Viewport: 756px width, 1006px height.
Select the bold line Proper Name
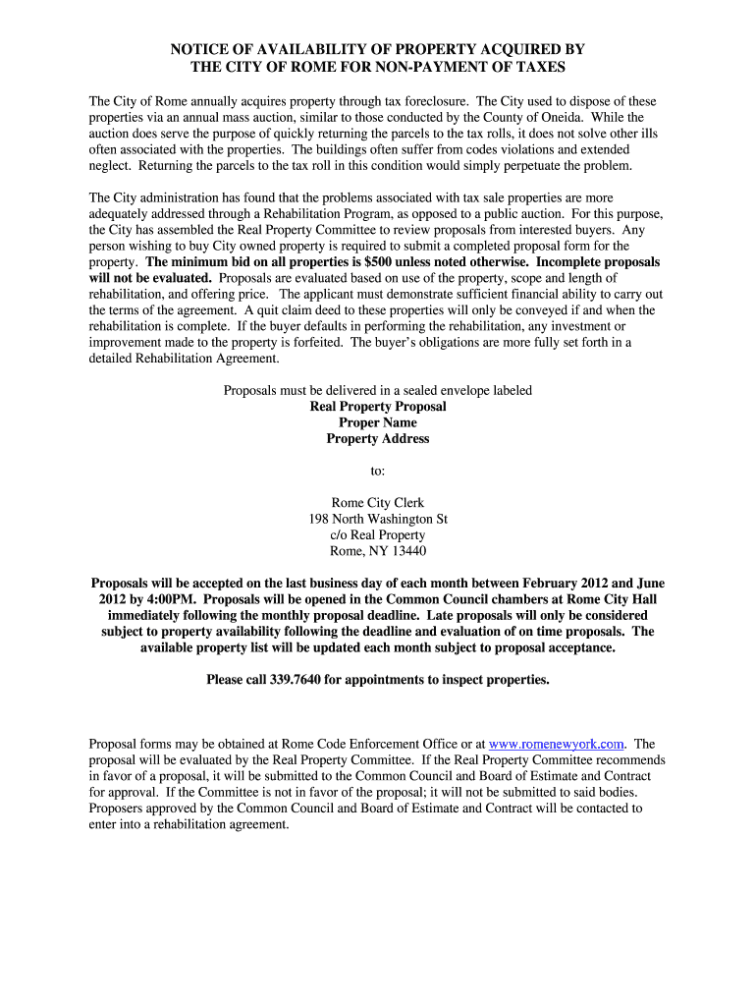coord(378,422)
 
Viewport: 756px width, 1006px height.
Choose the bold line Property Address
coord(378,439)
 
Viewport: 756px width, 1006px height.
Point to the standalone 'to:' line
coord(378,471)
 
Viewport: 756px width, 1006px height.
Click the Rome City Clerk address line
coord(378,503)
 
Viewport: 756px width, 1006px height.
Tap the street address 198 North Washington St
coord(378,519)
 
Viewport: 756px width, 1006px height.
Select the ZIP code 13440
coord(405,551)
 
